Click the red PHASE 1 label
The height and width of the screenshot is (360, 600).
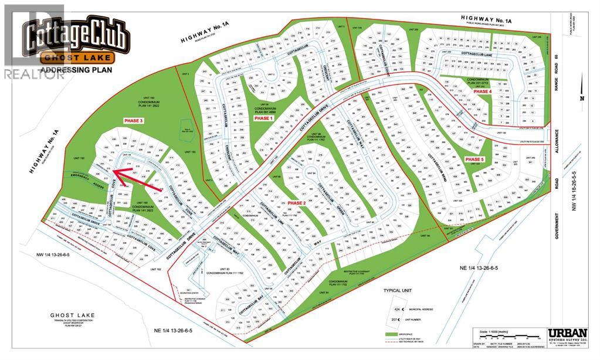point(264,118)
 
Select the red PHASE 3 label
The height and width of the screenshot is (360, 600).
point(133,120)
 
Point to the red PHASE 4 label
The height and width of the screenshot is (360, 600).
point(482,92)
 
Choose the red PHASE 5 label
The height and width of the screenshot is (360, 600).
point(474,159)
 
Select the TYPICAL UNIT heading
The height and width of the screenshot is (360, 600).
point(399,291)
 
